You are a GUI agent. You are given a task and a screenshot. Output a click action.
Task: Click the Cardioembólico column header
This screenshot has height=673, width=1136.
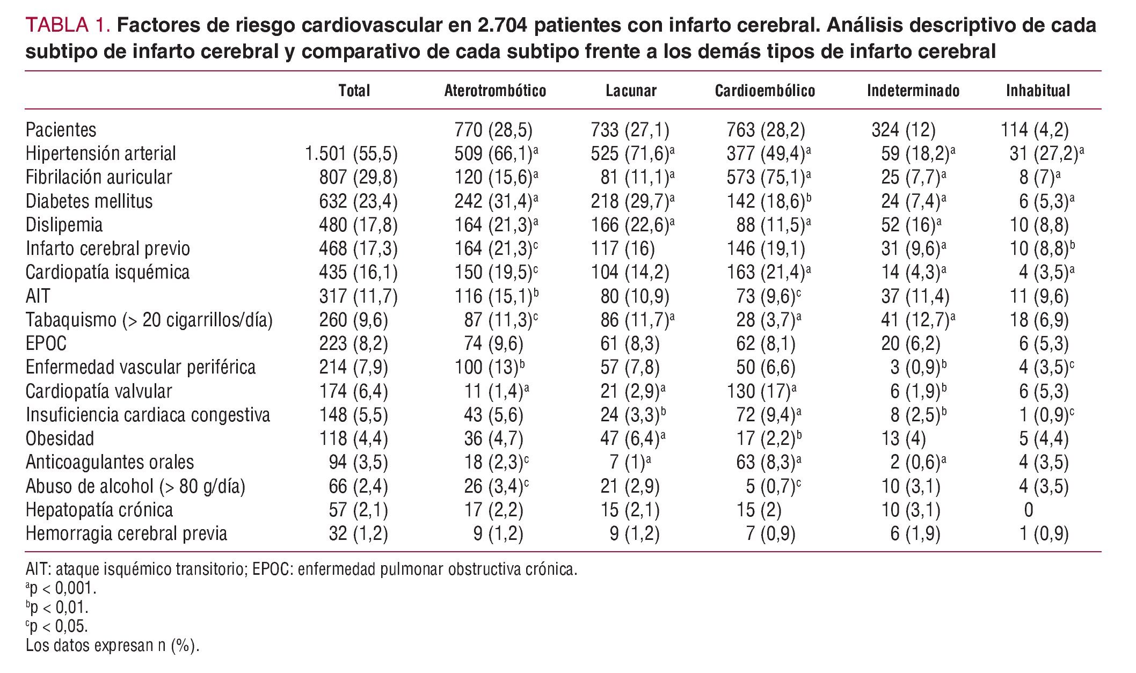(764, 91)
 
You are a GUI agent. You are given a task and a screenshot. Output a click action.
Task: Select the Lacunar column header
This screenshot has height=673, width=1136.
(631, 91)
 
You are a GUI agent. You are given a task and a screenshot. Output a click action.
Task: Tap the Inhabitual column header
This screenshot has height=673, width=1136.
(1038, 91)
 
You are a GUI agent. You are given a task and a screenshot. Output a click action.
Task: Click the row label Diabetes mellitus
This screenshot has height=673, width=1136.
(89, 201)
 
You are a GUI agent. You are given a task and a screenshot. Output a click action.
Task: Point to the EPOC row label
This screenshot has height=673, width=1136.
(46, 343)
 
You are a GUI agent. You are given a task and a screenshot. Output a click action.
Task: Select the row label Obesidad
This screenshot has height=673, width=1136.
(60, 438)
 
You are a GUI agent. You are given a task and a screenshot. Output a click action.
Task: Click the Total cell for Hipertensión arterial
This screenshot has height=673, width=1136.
(351, 154)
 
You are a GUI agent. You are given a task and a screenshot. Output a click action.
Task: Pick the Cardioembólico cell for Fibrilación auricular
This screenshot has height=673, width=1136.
(768, 178)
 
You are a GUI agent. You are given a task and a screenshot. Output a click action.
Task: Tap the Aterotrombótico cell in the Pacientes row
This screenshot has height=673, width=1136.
(493, 130)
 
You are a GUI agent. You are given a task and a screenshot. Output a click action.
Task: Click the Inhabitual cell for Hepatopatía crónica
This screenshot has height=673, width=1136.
(1028, 510)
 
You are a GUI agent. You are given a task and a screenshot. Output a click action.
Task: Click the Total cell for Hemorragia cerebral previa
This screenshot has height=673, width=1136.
(358, 534)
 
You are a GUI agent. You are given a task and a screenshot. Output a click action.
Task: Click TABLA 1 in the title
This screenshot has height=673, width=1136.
(68, 26)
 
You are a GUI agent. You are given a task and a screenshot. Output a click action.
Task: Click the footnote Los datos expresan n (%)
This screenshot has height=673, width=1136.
(112, 646)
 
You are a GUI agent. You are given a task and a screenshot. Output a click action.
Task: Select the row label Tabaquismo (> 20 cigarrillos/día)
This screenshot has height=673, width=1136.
(149, 320)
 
